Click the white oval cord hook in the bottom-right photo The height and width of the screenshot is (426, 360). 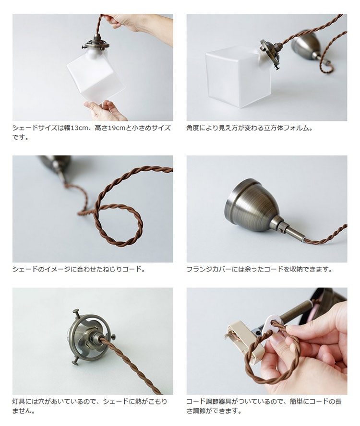click(271, 324)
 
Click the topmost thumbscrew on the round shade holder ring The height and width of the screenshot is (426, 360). click(76, 312)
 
